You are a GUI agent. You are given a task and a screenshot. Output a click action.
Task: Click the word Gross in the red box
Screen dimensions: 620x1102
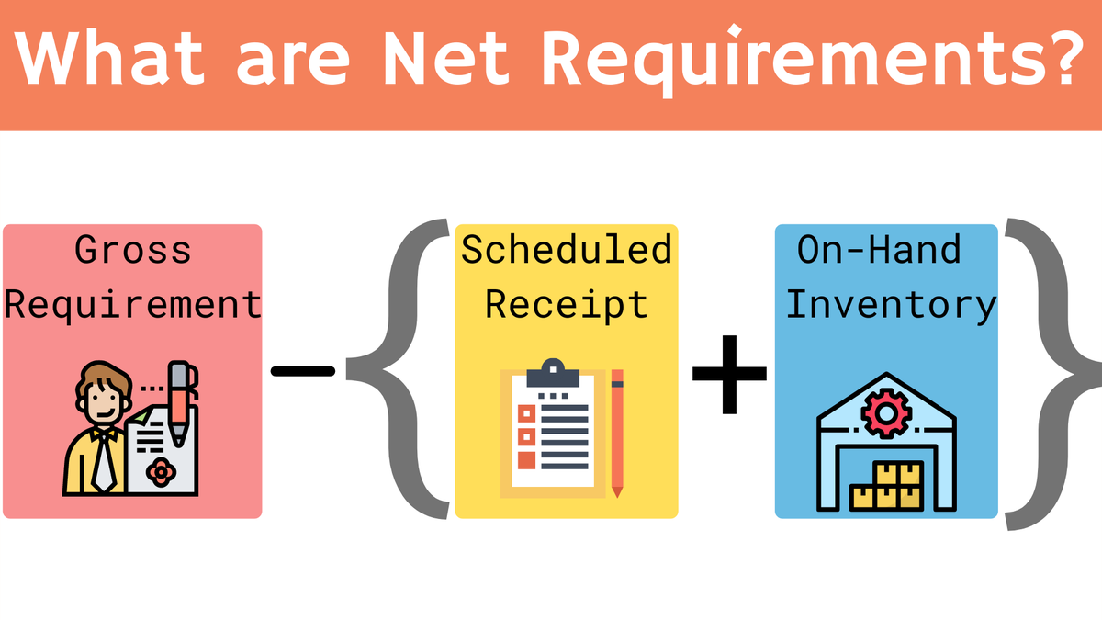pyautogui.click(x=132, y=250)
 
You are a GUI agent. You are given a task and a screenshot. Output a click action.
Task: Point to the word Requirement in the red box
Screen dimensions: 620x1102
pyautogui.click(x=133, y=304)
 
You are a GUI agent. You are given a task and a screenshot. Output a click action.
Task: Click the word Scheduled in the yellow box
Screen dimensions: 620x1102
pyautogui.click(x=567, y=250)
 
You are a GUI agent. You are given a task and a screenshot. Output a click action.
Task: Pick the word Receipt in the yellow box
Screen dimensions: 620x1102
pyautogui.click(x=567, y=304)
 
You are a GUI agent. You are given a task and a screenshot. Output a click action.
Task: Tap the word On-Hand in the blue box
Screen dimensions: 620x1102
pyautogui.click(x=879, y=250)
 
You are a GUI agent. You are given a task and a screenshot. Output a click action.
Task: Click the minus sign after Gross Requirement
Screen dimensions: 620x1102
pyautogui.click(x=303, y=371)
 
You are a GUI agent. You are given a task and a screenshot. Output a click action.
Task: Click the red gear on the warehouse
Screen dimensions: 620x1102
pyautogui.click(x=885, y=413)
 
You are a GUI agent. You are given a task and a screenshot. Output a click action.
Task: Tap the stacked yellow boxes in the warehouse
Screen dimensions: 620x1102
pyautogui.click(x=885, y=486)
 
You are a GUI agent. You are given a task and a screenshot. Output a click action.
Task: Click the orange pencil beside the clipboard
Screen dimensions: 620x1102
pyautogui.click(x=617, y=432)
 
